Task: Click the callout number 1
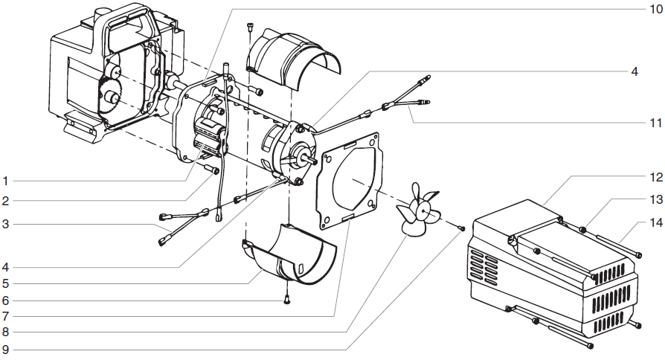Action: point(5,181)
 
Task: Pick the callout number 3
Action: point(5,223)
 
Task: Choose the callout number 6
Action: point(5,301)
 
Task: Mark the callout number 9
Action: point(5,349)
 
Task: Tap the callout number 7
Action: point(5,317)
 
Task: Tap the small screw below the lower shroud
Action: point(286,300)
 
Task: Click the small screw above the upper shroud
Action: point(251,27)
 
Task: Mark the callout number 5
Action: point(5,283)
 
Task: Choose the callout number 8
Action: point(5,332)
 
